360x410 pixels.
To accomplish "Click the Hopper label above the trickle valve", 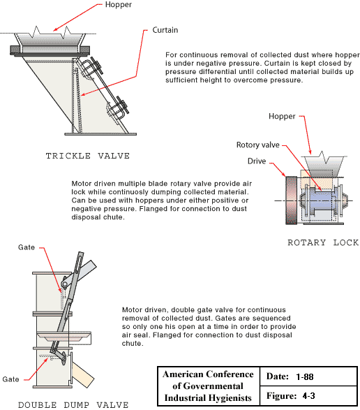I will tap(117, 6).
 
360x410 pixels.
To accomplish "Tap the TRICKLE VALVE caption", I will tap(88, 155).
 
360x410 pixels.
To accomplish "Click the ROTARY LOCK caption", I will tap(323, 242).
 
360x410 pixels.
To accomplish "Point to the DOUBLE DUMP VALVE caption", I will tap(63, 404).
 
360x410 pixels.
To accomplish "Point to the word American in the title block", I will tap(183, 374).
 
